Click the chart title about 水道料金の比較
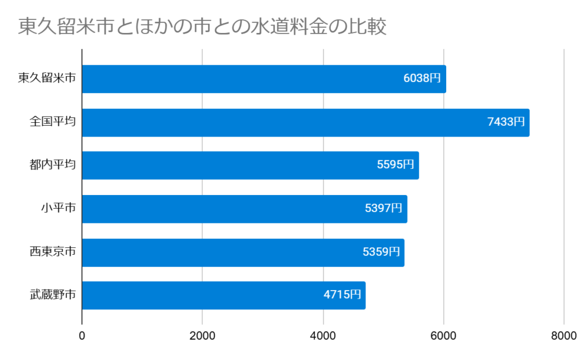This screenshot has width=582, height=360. (202, 27)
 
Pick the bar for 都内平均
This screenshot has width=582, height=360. (227, 165)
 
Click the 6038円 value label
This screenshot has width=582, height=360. (422, 79)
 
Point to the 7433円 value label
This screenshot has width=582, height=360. (506, 122)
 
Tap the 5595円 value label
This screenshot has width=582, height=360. (396, 165)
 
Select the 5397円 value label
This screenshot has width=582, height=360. (384, 209)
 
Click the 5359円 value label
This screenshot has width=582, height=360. (381, 252)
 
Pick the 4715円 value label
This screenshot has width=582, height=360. (342, 295)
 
